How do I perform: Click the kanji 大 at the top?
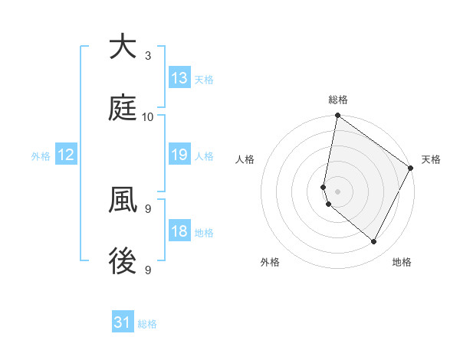coord(123,47)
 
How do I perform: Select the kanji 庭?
coord(123,109)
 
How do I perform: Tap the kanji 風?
coord(123,201)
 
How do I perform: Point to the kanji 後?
coord(123,262)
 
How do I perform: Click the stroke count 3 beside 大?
coord(148,55)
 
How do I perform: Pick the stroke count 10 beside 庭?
coord(148,116)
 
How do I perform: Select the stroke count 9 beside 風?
coord(148,208)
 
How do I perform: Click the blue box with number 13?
coord(179,78)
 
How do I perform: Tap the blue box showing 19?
coord(179,155)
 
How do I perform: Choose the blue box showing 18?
coord(179,231)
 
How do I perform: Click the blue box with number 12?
coord(66,155)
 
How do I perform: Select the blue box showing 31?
coord(123,322)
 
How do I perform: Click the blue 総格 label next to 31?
coord(147,324)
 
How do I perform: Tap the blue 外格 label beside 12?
coord(41,155)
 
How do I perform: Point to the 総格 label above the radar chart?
coord(338,100)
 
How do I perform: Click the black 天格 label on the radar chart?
coord(431,159)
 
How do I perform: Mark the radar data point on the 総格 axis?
coord(337,116)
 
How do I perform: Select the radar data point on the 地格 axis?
coord(374,241)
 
